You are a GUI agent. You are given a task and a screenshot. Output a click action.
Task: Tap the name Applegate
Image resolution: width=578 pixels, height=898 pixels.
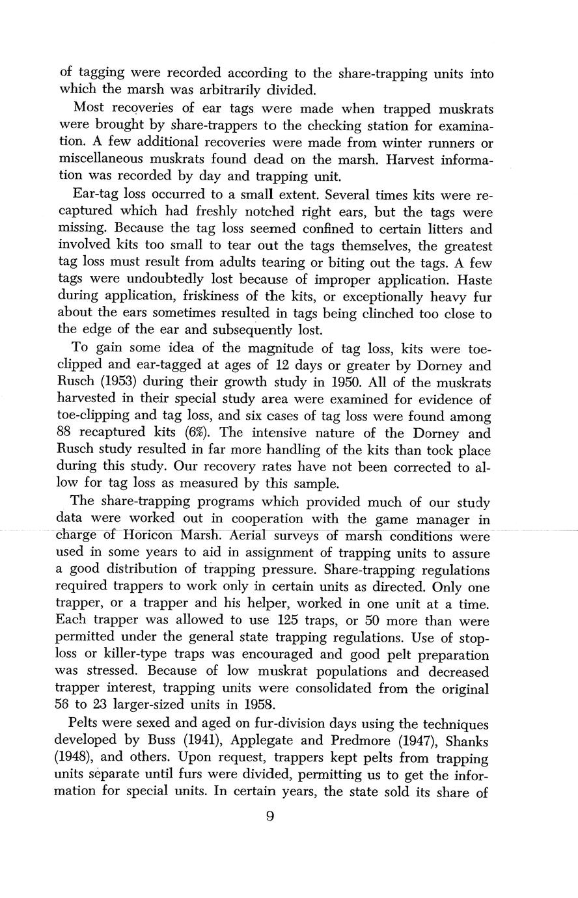click(259, 741)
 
